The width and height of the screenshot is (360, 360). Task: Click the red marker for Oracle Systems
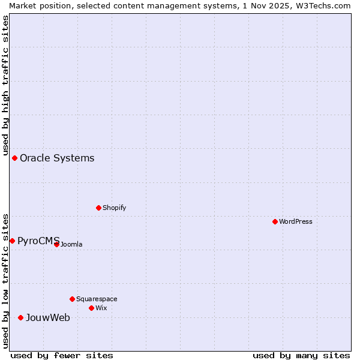[x=15, y=158]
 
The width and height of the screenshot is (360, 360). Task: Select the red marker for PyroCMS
[x=12, y=241]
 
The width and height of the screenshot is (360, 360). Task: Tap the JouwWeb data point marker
[x=20, y=317]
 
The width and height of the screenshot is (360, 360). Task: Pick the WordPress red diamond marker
[x=275, y=221]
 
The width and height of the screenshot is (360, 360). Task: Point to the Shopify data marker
[x=98, y=208]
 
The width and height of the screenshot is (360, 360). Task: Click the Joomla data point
[x=56, y=244]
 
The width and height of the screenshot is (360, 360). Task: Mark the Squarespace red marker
[x=72, y=299]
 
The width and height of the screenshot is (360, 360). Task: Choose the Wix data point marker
[x=91, y=308]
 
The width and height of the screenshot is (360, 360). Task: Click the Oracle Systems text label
[x=57, y=158]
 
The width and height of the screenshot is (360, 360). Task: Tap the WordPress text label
[x=296, y=221]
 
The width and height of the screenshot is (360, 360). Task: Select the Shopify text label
[x=114, y=208]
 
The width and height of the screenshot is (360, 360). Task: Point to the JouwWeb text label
[x=47, y=318]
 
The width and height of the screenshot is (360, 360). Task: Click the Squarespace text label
[x=97, y=299]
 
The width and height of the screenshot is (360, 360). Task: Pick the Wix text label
[x=101, y=308]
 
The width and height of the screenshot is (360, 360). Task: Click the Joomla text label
[x=71, y=244]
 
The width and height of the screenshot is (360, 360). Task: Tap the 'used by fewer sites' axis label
[x=62, y=355]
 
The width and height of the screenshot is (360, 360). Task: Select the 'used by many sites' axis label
[x=301, y=355]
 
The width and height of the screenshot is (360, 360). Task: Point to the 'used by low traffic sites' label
[x=5, y=280]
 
